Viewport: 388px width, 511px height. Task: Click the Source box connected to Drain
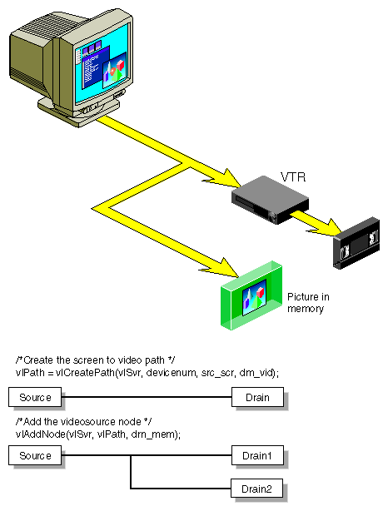[x=36, y=397]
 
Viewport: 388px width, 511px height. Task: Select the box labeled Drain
[x=257, y=397]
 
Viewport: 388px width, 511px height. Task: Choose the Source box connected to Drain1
[x=36, y=455]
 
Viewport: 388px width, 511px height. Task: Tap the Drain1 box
[x=257, y=455]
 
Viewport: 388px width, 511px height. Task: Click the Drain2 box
[x=257, y=488]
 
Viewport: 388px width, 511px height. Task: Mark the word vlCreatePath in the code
[x=82, y=373]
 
